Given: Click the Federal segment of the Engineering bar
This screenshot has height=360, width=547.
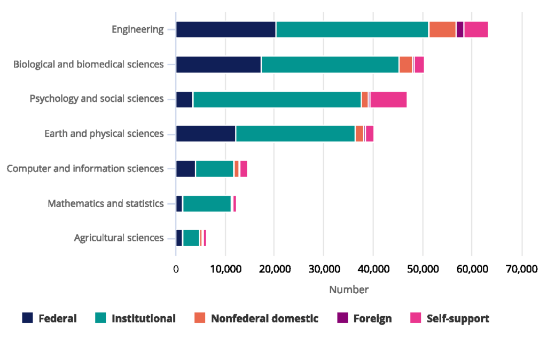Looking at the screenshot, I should click(x=226, y=30).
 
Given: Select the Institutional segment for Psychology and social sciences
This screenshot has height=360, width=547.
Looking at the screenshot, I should click(x=277, y=99).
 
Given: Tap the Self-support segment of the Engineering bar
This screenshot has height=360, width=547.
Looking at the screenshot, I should click(x=476, y=30).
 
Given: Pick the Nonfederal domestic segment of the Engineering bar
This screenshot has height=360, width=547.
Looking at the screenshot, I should click(x=442, y=30).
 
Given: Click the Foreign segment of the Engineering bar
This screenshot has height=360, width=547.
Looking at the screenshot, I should click(x=460, y=30).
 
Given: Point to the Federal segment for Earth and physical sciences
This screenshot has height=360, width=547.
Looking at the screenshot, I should click(x=206, y=134).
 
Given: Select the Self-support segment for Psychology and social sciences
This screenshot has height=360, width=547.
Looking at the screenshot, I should click(x=388, y=99).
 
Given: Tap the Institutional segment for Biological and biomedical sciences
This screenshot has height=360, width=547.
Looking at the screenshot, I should click(x=330, y=65).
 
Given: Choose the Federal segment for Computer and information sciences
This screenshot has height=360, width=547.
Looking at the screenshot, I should click(x=185, y=169).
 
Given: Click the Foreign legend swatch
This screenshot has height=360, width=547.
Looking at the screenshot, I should click(x=342, y=318).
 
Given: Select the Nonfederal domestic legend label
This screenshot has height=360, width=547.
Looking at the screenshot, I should click(x=264, y=319).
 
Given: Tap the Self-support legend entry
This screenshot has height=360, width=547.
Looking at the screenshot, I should click(x=457, y=319).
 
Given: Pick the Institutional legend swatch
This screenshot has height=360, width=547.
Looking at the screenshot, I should click(x=100, y=318).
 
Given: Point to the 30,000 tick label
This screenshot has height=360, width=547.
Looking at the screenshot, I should click(x=324, y=270).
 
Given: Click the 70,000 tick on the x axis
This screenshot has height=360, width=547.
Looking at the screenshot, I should click(x=521, y=270).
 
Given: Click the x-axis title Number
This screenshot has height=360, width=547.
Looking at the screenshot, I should click(x=348, y=290).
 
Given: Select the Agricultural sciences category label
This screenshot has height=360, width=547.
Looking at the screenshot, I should click(x=119, y=238).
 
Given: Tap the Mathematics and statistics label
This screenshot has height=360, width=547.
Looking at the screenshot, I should click(x=105, y=204).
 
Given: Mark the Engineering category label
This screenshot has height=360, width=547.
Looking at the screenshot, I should click(x=137, y=29).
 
